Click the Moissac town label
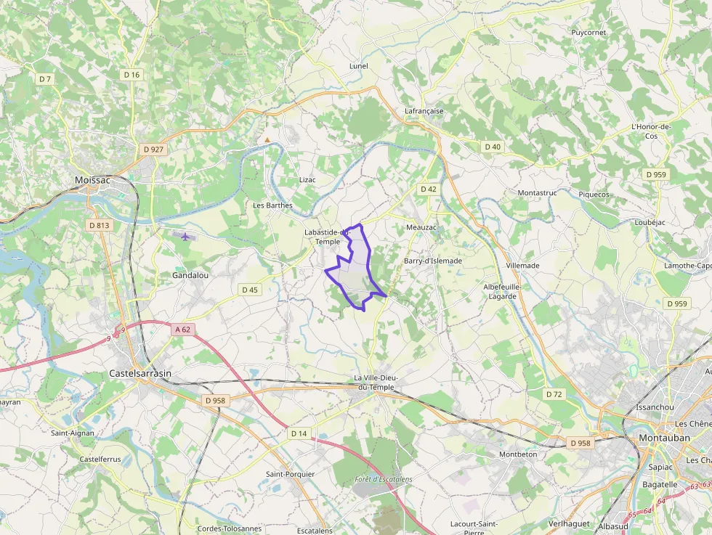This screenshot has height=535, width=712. tap(92, 179)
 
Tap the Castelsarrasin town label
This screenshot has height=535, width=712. tap(140, 373)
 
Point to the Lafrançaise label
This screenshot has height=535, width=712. tap(424, 111)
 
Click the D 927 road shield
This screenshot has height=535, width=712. tap(154, 150)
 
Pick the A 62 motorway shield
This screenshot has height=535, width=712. tap(185, 330)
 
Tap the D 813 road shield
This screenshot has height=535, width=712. tap(100, 226)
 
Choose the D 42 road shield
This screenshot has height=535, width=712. tap(429, 189)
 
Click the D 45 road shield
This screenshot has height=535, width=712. tap(249, 290)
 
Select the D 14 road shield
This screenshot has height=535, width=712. tap(299, 433)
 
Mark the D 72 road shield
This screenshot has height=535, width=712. tap(554, 394)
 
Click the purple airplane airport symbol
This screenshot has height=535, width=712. tap(186, 236)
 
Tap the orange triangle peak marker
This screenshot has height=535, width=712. tap(267, 139)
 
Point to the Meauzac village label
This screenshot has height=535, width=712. tap(421, 227)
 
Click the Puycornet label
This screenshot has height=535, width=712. tap(588, 33)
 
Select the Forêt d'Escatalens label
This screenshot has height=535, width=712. tap(384, 479)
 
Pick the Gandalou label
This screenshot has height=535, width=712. tap(190, 276)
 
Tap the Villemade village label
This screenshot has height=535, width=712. tap(523, 266)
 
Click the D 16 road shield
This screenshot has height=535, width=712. tap(132, 75)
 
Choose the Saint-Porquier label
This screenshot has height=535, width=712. tap(290, 474)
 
